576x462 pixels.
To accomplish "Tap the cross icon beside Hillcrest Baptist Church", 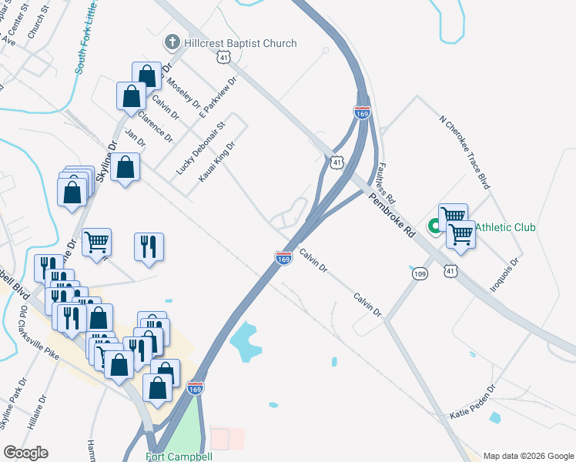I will coord(173,42).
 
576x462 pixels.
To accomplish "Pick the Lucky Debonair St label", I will coord(199,146).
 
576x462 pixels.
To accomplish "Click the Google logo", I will coord(25,453).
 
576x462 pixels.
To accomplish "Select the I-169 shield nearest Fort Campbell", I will coord(196,390).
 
